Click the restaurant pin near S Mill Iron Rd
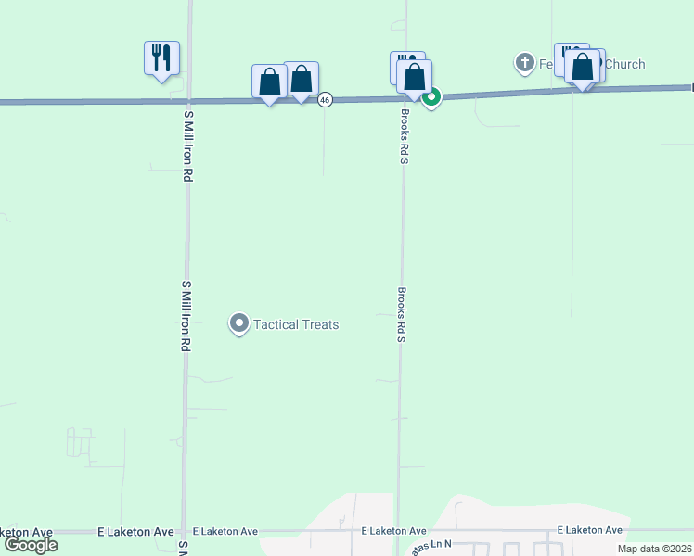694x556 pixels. coord(161,58)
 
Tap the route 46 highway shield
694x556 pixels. coord(325,100)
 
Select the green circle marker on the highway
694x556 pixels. coord(431,95)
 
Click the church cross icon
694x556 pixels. coord(524,64)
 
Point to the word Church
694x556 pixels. coord(623,65)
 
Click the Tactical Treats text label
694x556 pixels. coord(296,324)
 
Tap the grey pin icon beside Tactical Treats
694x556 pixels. coord(238,324)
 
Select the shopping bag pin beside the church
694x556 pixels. coord(583,68)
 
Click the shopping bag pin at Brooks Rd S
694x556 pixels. coord(415,77)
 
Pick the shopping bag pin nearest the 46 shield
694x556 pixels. coord(302,80)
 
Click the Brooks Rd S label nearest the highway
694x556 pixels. coord(405,136)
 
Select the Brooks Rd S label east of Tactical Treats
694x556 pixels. coord(402,314)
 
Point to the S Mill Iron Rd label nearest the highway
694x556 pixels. coord(187,144)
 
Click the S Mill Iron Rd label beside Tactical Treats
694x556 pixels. coord(186,315)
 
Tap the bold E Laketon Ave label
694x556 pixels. coord(136,532)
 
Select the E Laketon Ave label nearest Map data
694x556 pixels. coord(590,530)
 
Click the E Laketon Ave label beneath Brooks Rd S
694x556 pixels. coord(393,531)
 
